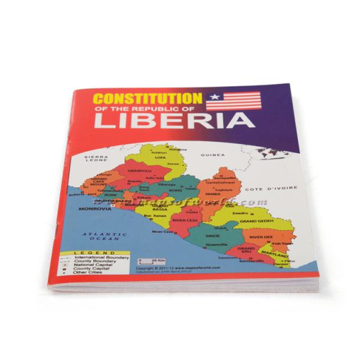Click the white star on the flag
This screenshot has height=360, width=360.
pyautogui.click(x=214, y=97)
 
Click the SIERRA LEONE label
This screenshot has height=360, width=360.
pyautogui.click(x=94, y=159)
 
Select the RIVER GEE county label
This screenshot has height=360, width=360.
pyautogui.click(x=260, y=238)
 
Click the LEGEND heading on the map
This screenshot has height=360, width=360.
pyautogui.click(x=91, y=254)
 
